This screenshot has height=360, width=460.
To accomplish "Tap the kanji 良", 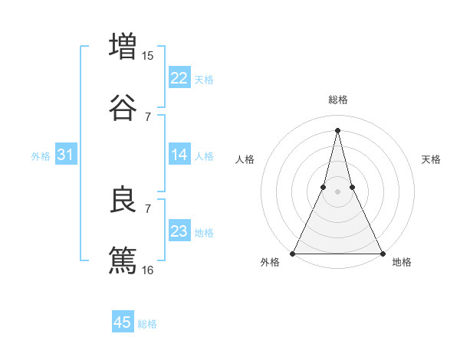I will coord(123,199).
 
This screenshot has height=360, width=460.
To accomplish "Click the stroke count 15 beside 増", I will coord(147,55).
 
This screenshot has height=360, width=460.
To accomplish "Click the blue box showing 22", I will coord(179,78).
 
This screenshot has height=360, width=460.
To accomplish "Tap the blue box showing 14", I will coord(179,155).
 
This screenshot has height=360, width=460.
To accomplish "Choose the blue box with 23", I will coord(179,231).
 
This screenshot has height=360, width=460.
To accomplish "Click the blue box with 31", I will coord(66,155).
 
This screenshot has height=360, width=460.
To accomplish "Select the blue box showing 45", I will coord(123,322).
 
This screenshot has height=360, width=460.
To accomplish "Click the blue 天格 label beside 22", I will coord(204,79).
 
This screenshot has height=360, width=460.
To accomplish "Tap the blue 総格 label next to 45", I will coord(147,324).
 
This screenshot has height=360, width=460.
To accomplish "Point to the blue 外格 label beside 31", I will coord(41,155).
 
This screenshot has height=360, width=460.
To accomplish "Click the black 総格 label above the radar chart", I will coord(338,100).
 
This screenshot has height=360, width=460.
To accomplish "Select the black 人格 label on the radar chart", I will coord(245,159).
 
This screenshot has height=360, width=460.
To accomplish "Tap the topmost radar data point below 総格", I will coord(338,130).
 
